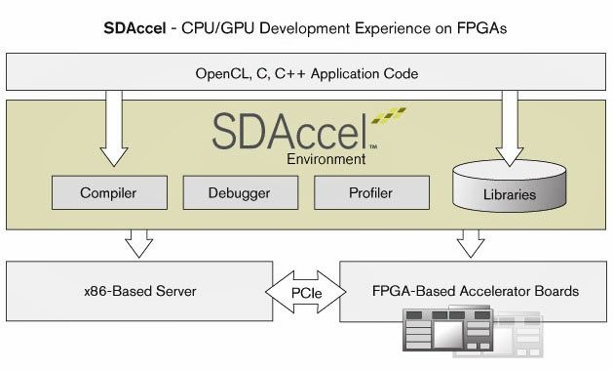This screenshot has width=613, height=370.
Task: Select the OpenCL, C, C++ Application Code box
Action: point(306,71)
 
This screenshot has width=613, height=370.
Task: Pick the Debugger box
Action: point(239,192)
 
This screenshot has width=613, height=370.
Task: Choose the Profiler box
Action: point(371,192)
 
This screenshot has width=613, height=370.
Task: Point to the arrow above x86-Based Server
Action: point(139,243)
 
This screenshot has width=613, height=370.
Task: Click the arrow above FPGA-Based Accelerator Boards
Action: point(474,243)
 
